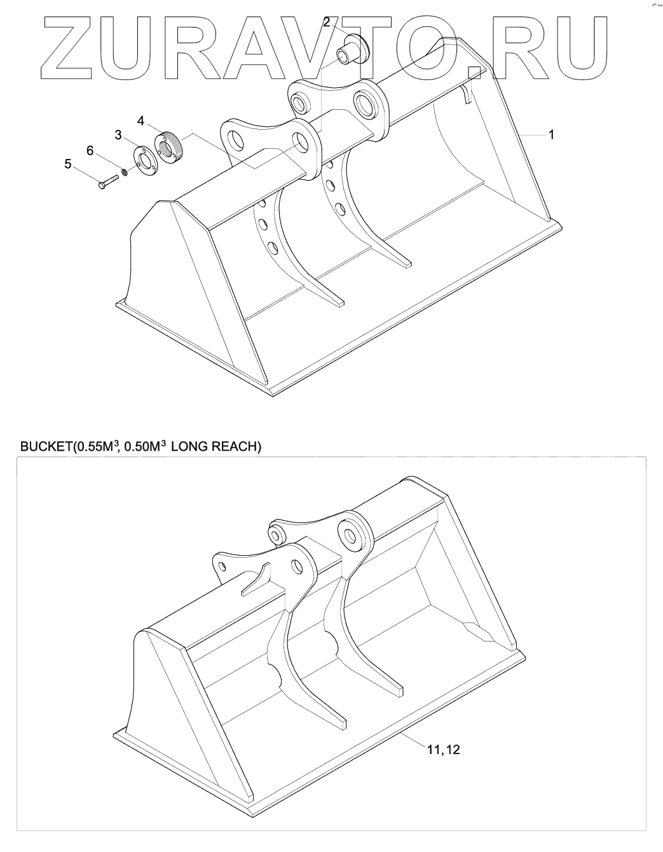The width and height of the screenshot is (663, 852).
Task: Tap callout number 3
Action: click(118, 134)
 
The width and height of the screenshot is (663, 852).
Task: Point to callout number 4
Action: click(140, 120)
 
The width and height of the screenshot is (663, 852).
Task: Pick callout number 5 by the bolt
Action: click(68, 163)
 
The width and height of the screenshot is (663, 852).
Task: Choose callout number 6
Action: click(90, 149)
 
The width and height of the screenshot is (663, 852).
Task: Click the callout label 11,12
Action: click(443, 750)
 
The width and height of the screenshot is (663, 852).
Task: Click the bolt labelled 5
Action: click(109, 182)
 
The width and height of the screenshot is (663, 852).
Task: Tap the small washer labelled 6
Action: click(125, 170)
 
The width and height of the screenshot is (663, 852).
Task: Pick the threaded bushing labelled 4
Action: click(167, 147)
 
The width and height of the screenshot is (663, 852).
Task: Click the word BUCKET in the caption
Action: click(46, 447)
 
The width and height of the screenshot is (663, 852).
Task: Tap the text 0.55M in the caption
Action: click(92, 447)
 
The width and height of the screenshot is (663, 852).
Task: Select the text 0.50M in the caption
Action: click(142, 447)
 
